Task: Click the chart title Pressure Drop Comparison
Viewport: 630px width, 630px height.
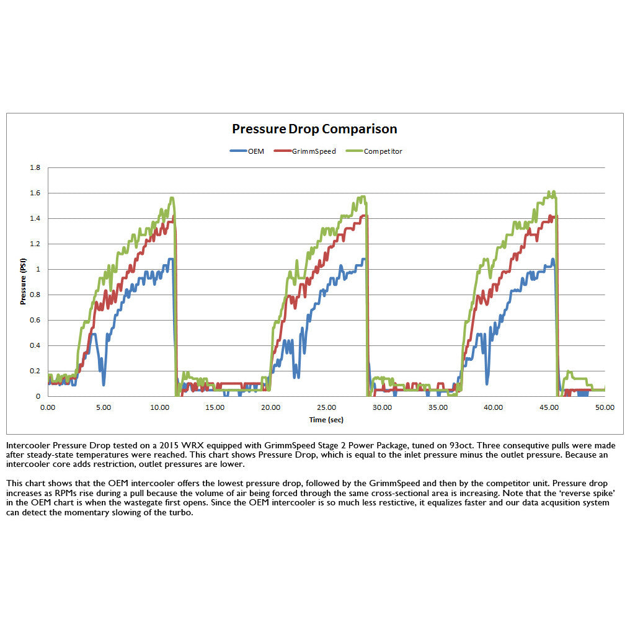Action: pos(314,129)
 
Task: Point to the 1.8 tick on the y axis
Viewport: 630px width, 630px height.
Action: pos(35,168)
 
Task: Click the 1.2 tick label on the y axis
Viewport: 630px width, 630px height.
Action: pos(35,244)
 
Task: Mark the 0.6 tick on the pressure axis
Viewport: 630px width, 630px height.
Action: pos(35,321)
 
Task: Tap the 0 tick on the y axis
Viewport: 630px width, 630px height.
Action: pos(38,396)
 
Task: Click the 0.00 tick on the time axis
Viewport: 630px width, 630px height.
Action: pos(47,407)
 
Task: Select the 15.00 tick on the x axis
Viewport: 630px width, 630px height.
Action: pos(215,407)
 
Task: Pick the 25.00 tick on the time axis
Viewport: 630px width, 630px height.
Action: pos(326,407)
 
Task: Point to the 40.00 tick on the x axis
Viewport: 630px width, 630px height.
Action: pos(493,407)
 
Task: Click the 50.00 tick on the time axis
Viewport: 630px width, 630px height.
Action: pos(605,407)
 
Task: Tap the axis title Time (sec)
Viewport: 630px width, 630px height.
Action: pos(326,420)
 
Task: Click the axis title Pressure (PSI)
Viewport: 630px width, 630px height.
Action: pos(23,282)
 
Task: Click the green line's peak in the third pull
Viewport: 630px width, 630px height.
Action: pos(554,192)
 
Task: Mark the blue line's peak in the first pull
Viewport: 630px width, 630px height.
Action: pos(170,259)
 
